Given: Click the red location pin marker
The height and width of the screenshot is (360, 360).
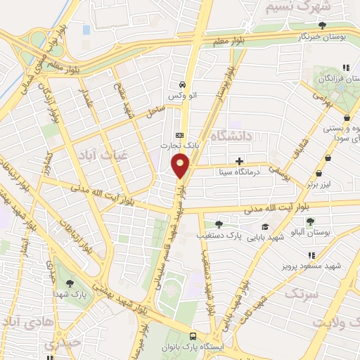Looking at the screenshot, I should (x=181, y=167).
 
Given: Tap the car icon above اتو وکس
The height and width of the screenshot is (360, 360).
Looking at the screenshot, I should (x=182, y=82).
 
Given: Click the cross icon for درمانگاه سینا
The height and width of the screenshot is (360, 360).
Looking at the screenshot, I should (x=240, y=161).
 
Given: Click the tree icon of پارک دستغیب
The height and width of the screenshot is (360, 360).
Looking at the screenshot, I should (x=219, y=225).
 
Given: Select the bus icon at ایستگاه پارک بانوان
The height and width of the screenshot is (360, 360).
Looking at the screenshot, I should (x=193, y=336).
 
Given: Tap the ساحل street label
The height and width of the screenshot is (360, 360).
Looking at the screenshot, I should (x=155, y=111).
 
